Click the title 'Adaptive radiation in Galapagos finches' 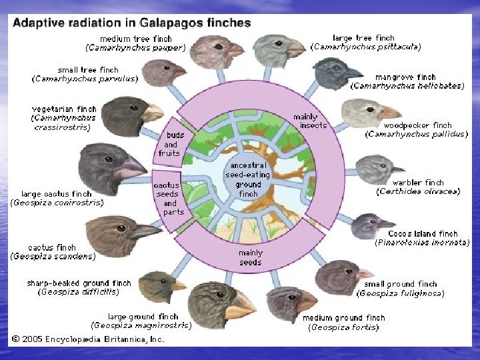click(x=131, y=22)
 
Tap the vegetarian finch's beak click(x=152, y=113)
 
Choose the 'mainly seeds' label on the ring click(x=251, y=257)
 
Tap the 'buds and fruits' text click(x=169, y=145)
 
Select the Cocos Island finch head click(x=368, y=225)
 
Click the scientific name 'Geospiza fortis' click(x=343, y=327)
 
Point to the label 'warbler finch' click(x=418, y=183)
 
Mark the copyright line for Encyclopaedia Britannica click(x=87, y=339)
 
